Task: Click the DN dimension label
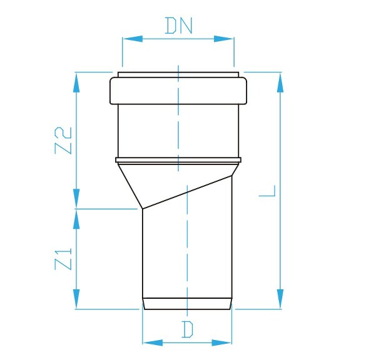click(178, 26)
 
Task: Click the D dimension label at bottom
click(186, 330)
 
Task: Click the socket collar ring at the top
click(178, 90)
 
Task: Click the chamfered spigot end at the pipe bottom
click(188, 304)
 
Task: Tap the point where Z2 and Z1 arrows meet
click(77, 208)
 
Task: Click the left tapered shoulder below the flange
click(129, 184)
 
